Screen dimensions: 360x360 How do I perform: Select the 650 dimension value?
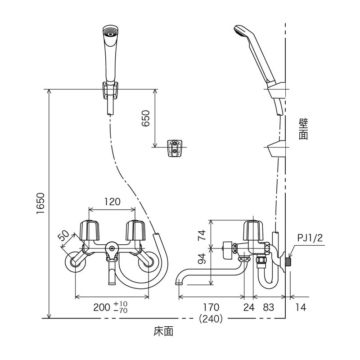[145, 118]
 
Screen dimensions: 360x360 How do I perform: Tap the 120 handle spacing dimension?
[112, 202]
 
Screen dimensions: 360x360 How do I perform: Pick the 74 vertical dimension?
[202, 235]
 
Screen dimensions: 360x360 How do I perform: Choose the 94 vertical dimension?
[202, 259]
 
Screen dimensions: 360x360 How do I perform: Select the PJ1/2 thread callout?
[310, 237]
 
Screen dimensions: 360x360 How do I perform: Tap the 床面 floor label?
[163, 332]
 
